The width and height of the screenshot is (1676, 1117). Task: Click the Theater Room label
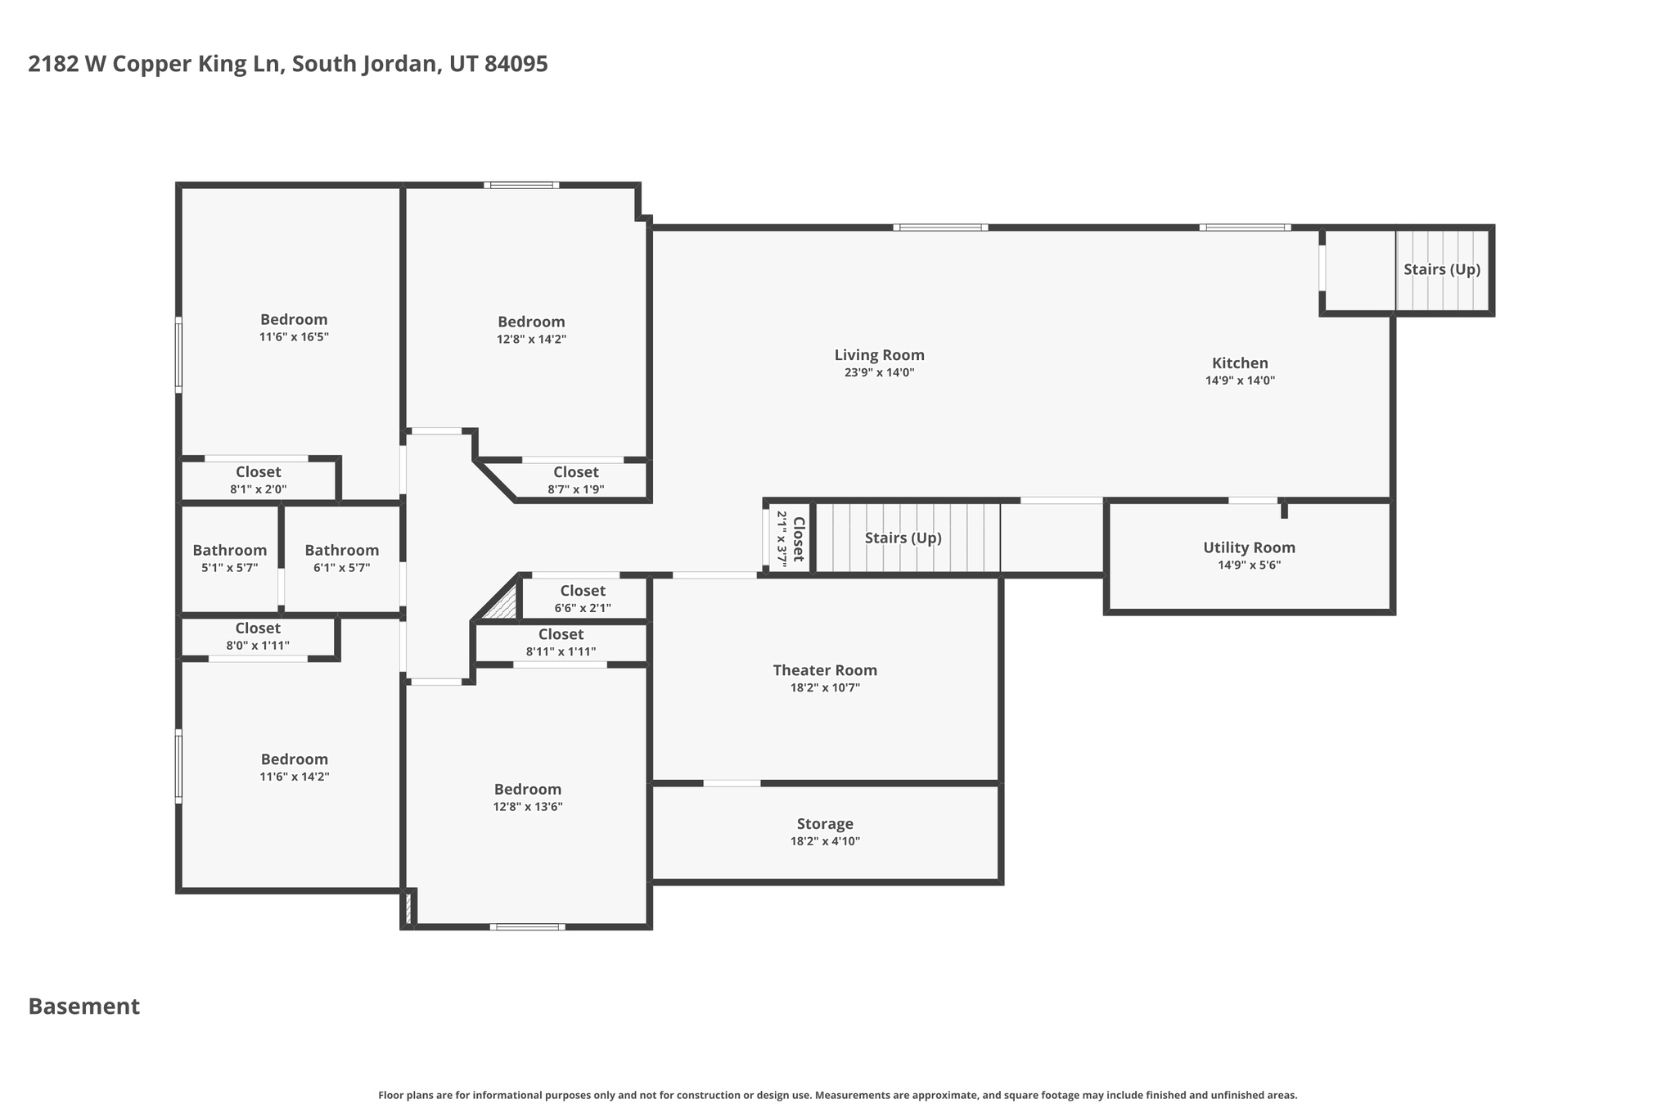point(825,670)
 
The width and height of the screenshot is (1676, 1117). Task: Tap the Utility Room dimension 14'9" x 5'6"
point(1249,565)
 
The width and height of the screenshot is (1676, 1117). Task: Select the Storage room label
point(825,824)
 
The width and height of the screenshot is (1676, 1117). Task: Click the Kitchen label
point(1240,363)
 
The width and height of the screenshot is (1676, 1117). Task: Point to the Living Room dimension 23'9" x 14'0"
point(879,372)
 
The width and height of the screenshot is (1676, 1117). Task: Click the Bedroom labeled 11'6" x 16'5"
point(294,320)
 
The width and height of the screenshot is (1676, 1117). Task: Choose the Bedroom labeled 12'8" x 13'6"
point(528,790)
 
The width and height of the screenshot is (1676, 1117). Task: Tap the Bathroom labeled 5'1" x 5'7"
point(229,551)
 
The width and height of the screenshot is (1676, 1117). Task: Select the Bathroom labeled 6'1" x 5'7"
point(341,551)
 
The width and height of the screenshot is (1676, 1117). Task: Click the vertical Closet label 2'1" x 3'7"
point(799,538)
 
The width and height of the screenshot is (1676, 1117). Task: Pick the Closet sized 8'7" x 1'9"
point(575,472)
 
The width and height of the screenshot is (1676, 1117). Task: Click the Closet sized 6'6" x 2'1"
point(583,591)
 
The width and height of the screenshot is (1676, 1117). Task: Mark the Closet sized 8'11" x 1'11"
point(561,635)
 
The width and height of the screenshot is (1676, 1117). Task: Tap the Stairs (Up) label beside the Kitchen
point(1442,269)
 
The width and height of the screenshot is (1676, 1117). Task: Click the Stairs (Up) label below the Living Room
point(903,538)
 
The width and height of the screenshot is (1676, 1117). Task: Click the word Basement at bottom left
point(84,1007)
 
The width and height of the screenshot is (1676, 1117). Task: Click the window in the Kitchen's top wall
point(1245,227)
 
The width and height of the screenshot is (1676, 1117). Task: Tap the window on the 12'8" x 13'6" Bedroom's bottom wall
point(528,926)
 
